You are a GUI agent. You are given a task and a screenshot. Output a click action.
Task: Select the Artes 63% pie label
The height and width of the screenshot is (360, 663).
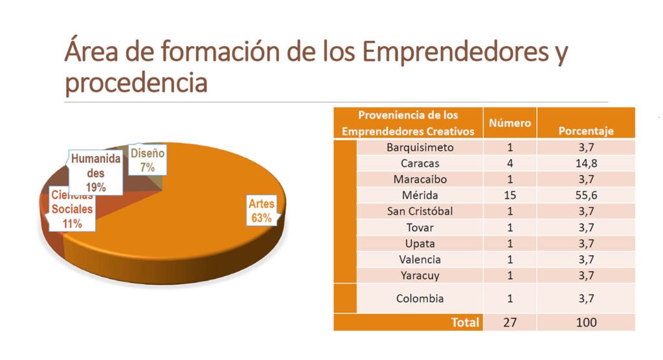click(x=262, y=211)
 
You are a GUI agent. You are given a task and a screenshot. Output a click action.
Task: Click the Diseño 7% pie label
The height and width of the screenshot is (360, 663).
click(x=148, y=159)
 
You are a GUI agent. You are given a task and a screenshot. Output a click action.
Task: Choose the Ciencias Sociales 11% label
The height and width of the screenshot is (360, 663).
click(x=72, y=209)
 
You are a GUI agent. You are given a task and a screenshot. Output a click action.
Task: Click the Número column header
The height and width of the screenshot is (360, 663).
click(x=510, y=123)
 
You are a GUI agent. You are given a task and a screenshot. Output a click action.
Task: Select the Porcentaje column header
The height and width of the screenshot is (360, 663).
click(x=586, y=131)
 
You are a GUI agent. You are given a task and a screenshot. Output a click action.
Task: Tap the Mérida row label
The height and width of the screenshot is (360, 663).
click(x=420, y=195)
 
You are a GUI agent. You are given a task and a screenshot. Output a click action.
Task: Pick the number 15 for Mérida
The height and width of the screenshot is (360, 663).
click(x=510, y=195)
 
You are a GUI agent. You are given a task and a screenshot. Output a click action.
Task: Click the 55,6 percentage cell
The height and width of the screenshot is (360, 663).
click(x=586, y=195)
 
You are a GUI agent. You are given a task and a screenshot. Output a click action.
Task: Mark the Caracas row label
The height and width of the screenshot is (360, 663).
click(x=420, y=163)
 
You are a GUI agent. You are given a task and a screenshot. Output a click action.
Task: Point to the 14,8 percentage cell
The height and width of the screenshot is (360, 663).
click(x=586, y=163)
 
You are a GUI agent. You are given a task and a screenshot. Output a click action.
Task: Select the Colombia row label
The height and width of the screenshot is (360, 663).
click(x=420, y=298)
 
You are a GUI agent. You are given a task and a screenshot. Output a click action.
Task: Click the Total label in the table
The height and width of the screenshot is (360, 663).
click(x=465, y=322)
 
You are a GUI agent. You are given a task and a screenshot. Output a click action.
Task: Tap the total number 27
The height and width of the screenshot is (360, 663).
click(x=510, y=322)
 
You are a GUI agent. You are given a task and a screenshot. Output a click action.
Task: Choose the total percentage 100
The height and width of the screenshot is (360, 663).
click(x=586, y=322)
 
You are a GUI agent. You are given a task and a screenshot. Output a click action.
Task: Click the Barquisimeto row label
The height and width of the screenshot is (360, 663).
click(x=420, y=147)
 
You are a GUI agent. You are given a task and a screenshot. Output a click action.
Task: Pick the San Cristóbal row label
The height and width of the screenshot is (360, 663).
click(x=420, y=211)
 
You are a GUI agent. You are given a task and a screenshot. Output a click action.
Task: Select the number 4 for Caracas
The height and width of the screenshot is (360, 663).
click(x=510, y=163)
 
